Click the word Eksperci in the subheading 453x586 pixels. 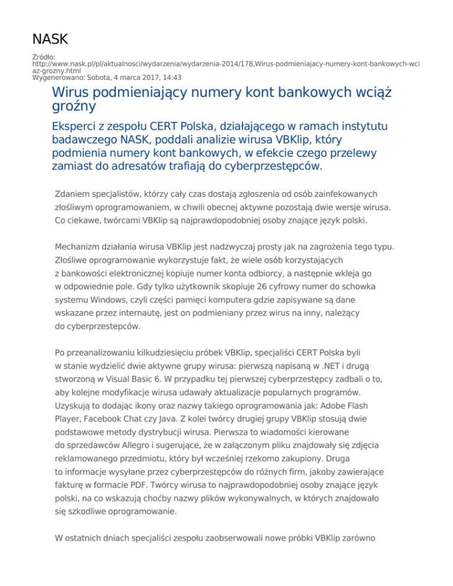78,127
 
